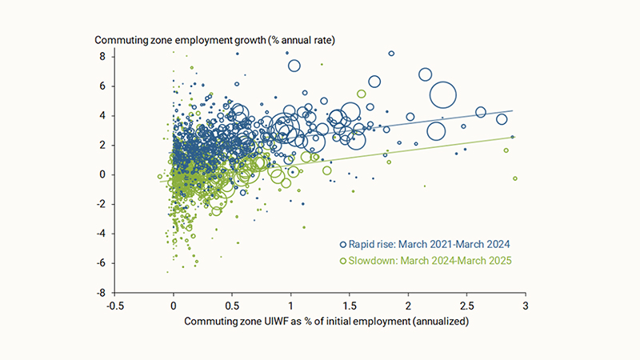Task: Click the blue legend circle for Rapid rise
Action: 343,244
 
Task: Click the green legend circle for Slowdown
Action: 343,261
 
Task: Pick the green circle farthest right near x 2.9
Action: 515,178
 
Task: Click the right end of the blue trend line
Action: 512,110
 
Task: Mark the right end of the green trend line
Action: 512,137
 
